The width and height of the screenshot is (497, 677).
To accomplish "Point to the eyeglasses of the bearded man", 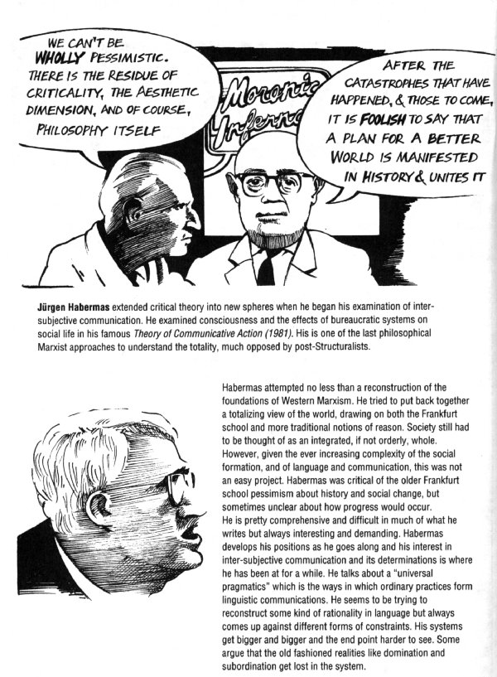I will [x=267, y=181].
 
